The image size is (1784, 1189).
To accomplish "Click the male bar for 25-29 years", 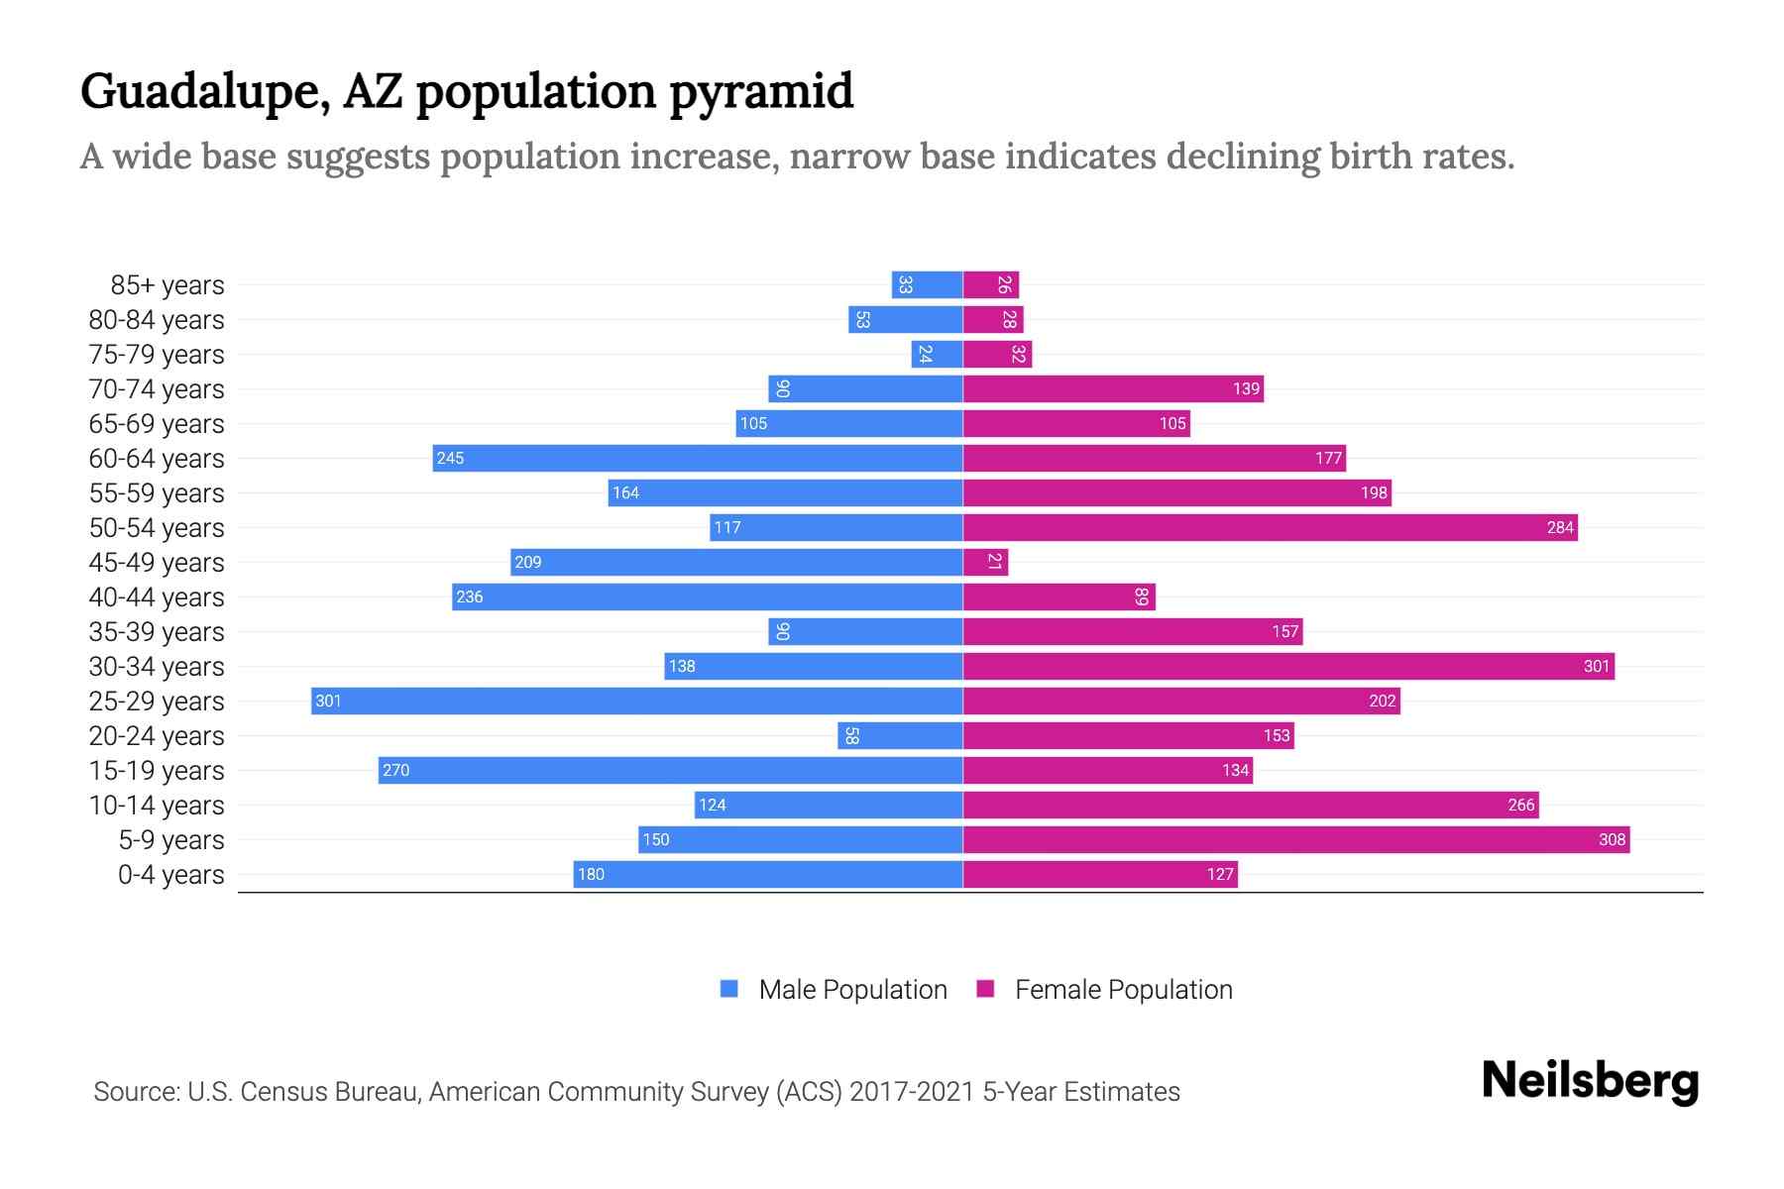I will pos(636,701).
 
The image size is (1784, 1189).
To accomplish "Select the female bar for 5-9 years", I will pos(1296,839).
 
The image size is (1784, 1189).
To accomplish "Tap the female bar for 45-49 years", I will pos(985,562).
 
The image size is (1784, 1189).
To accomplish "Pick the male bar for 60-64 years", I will pos(698,458).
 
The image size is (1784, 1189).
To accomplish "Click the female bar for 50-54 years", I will pos(1270,527).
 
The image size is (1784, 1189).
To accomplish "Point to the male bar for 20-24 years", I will pos(900,735).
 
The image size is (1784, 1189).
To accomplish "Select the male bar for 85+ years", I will pos(927,284).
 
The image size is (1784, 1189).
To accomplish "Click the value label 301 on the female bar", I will pos(1596,666).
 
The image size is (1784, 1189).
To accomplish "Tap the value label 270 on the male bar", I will pos(395,770).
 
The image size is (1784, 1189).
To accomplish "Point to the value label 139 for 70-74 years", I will pos(1246,388).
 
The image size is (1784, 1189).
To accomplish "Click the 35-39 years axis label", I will pos(157,631).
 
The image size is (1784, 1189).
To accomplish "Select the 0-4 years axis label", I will pos(170,874).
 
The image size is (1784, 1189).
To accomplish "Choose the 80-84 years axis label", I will pos(157,319).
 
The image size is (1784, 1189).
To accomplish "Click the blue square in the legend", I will pos(729,989).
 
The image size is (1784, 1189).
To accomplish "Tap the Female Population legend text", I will pos(1123,989).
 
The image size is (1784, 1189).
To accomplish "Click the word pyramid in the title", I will pos(760,91).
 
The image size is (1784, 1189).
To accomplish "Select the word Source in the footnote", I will pos(136,1091).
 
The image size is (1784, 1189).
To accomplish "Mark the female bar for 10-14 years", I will pos(1251,805).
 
